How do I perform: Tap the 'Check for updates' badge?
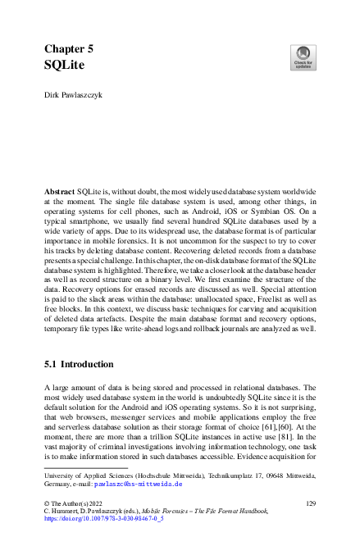(x=303, y=57)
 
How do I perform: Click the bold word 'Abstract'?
(x=59, y=189)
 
